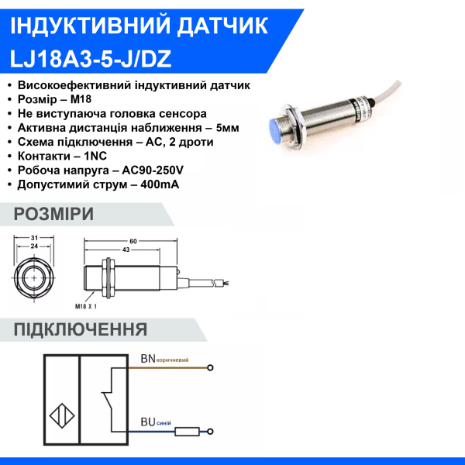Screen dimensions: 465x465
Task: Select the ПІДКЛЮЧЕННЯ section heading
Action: [81, 330]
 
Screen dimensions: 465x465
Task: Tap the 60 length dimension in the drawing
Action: [133, 242]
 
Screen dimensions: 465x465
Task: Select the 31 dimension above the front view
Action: [34, 238]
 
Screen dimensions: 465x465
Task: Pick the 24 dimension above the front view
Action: [34, 246]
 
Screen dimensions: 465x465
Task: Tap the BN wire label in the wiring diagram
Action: [147, 359]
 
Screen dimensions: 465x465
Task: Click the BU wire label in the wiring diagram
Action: [147, 423]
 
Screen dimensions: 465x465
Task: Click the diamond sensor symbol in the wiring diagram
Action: [61, 417]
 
